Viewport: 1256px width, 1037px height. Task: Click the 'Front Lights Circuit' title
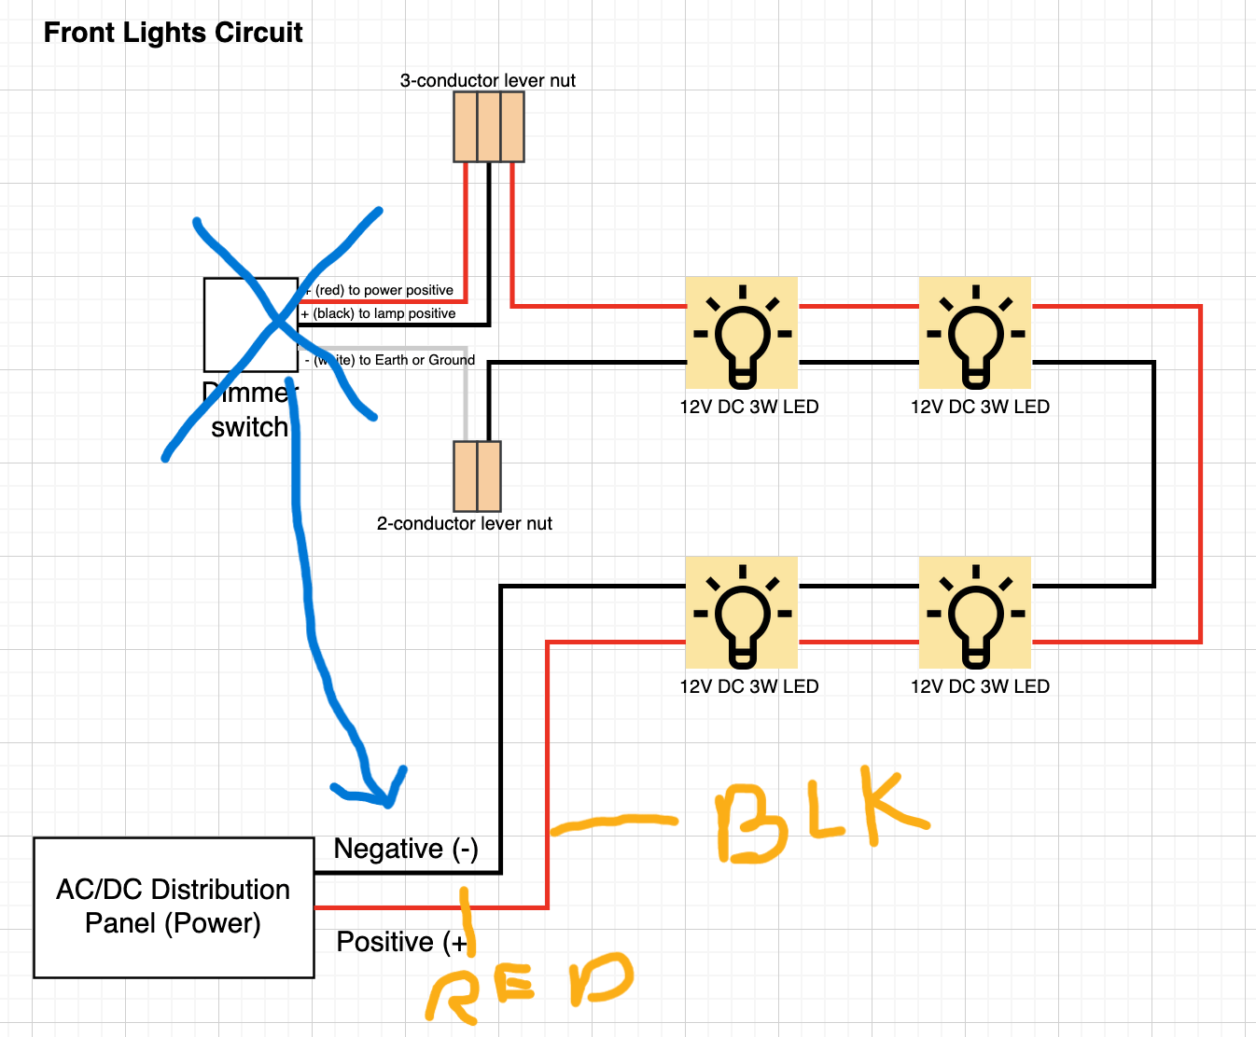[173, 33]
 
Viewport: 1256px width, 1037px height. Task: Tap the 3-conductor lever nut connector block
[488, 128]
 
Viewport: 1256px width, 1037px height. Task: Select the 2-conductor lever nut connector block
[477, 476]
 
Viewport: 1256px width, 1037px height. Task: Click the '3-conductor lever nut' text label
[487, 81]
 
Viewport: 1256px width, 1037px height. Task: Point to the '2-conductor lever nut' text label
[464, 524]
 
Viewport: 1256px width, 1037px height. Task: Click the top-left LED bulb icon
[742, 333]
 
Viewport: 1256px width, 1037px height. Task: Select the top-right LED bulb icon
[975, 333]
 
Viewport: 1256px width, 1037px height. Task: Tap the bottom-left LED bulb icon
[742, 613]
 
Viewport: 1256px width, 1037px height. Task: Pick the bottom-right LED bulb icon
[975, 613]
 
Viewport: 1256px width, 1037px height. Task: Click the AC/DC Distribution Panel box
[174, 907]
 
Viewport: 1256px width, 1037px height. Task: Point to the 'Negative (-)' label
[406, 849]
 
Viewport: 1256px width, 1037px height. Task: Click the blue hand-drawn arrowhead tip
[388, 802]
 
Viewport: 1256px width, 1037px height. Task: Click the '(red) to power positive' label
[384, 290]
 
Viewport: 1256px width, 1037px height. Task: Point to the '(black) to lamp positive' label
[384, 313]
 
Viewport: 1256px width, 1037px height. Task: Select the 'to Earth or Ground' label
[416, 360]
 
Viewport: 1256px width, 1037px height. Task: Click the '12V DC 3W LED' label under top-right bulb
[980, 407]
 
